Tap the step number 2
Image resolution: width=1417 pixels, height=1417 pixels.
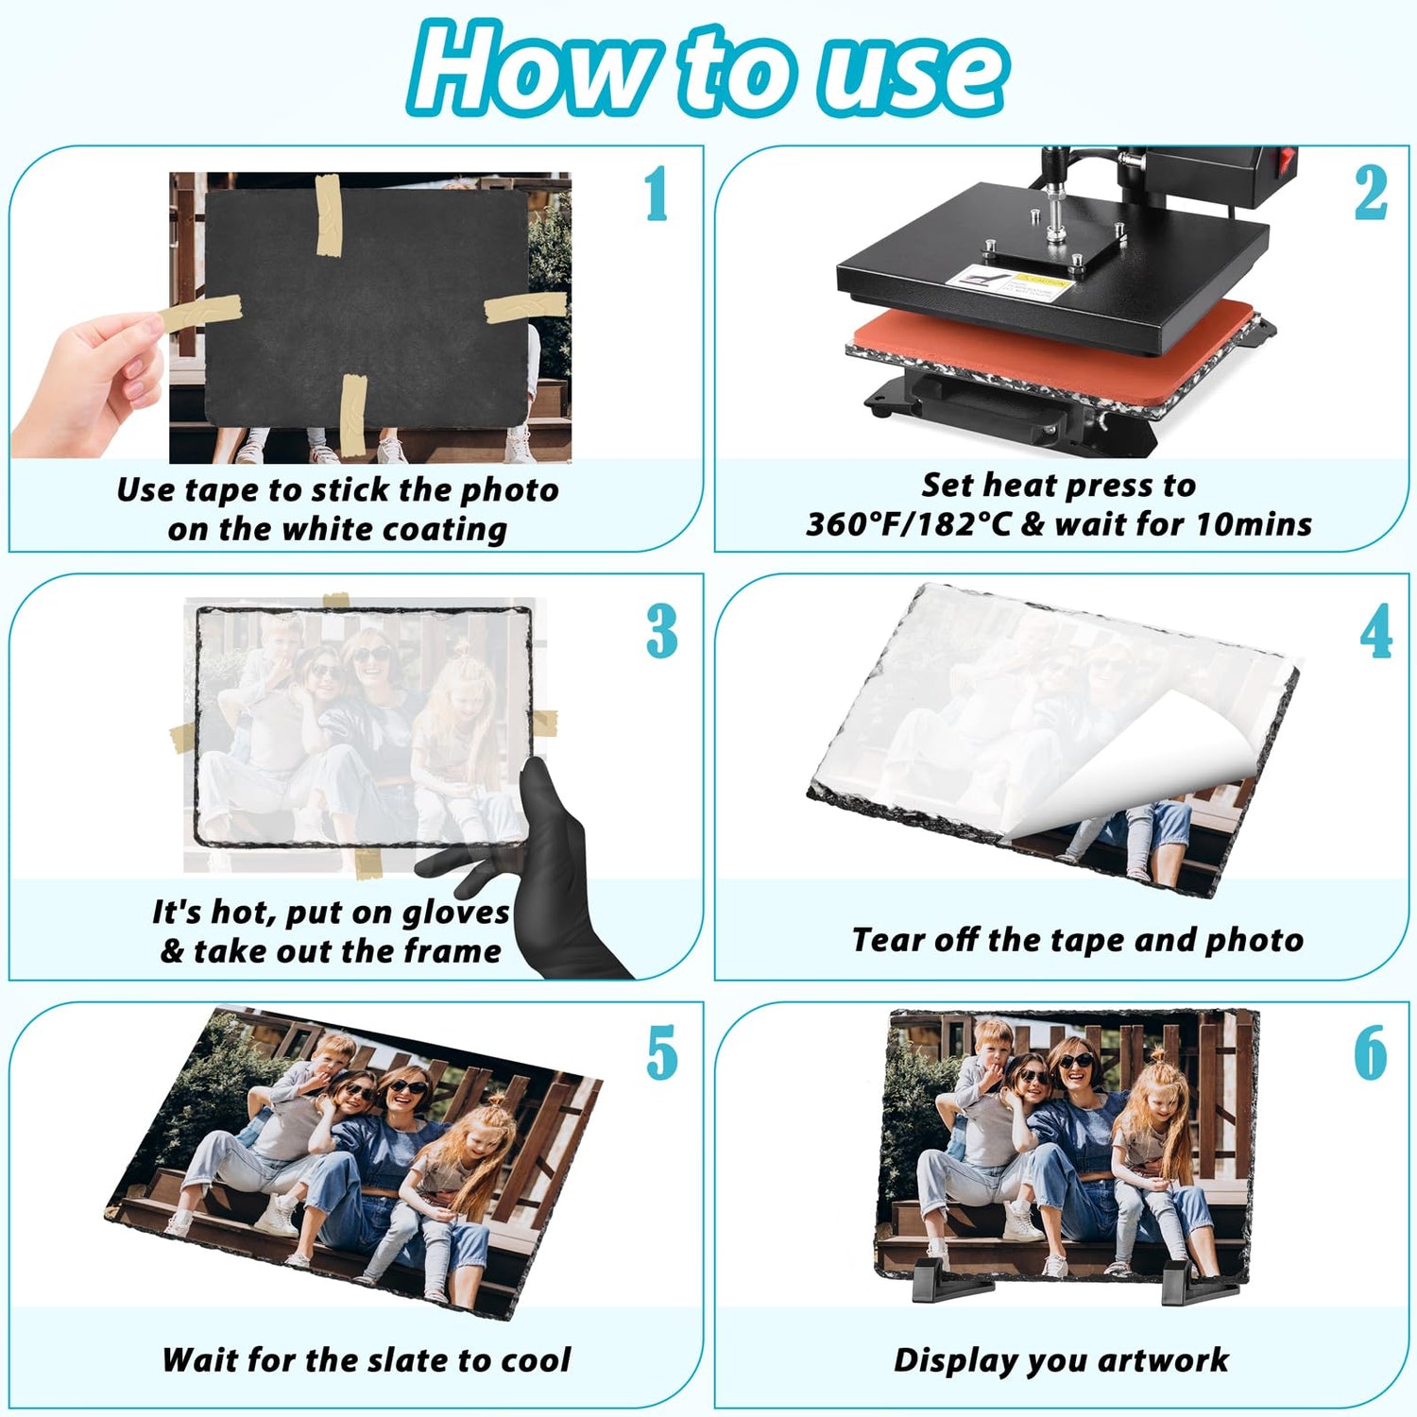click(1371, 193)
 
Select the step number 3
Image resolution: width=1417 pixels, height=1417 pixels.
click(662, 631)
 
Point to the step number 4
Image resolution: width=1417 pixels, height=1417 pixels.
click(1375, 631)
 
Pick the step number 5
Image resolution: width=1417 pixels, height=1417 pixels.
click(662, 1053)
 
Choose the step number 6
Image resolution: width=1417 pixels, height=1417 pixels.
click(1371, 1053)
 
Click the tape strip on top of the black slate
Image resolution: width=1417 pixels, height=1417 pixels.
click(328, 215)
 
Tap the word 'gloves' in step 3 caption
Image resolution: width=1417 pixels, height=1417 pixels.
click(455, 913)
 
